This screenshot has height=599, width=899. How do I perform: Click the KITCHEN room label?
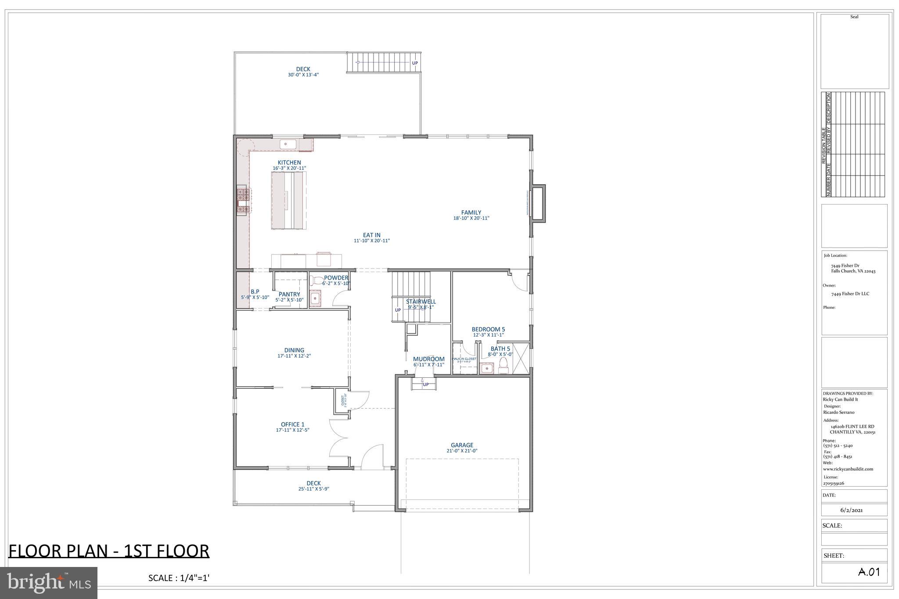click(289, 162)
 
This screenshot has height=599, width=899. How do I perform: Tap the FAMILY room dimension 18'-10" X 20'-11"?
click(471, 218)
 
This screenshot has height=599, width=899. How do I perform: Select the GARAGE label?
click(462, 445)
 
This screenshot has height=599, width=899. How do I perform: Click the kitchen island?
click(288, 200)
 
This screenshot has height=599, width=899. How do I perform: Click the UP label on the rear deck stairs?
click(415, 63)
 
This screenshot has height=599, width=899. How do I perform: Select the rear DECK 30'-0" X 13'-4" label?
click(303, 72)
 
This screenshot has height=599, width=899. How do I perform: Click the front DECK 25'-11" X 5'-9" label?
click(313, 485)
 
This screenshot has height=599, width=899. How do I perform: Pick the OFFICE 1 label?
click(292, 424)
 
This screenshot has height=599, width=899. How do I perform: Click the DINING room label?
click(294, 350)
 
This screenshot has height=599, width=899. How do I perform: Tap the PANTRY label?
click(289, 294)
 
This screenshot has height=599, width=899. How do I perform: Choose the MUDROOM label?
click(428, 359)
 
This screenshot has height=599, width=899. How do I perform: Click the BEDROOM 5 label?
click(488, 329)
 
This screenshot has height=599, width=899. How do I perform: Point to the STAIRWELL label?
click(421, 301)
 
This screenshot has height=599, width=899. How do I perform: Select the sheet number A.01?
click(869, 572)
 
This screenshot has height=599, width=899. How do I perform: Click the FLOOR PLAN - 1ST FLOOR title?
click(109, 551)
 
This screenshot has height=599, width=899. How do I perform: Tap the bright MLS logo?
click(49, 583)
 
